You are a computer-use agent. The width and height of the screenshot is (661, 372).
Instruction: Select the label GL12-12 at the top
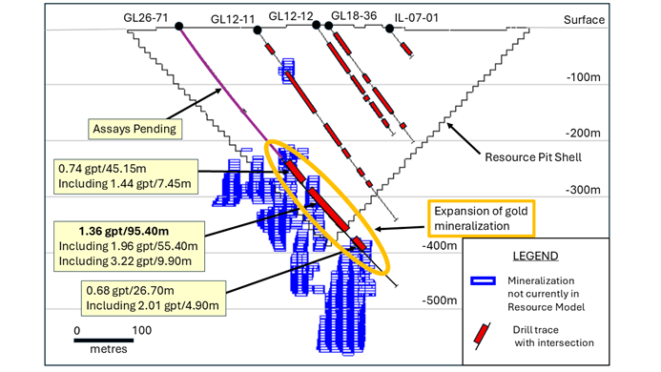[292, 16]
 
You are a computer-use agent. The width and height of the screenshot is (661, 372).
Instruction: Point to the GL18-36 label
[352, 16]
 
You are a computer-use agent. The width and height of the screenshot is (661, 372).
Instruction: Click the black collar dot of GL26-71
[179, 28]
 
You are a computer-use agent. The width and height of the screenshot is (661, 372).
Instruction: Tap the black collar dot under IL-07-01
[389, 29]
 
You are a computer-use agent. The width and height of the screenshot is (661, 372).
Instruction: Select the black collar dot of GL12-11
[258, 31]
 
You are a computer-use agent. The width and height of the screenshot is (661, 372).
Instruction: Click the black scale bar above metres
[108, 339]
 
